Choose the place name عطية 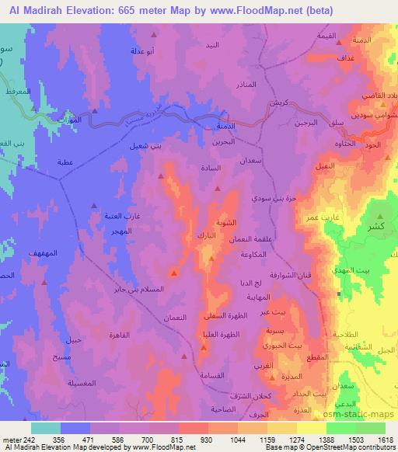pos(65,163)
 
